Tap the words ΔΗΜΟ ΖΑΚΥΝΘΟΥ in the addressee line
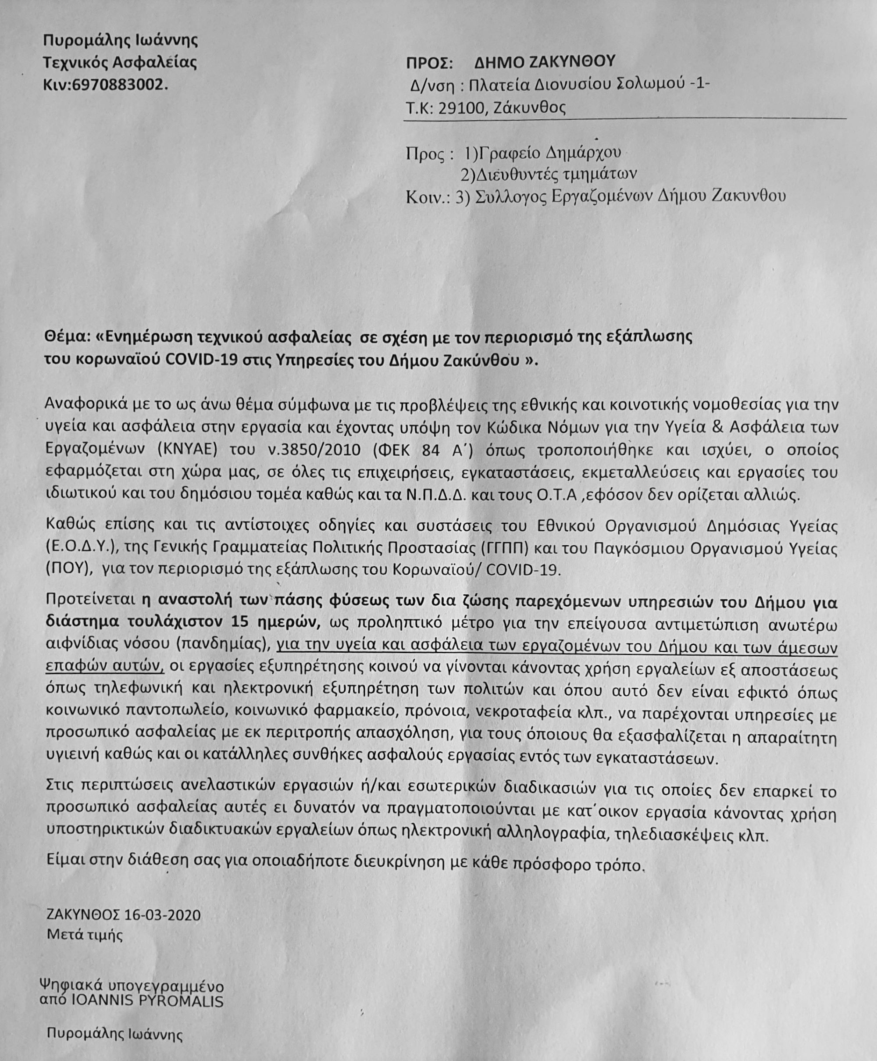pyautogui.click(x=545, y=62)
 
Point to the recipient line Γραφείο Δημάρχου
pyautogui.click(x=551, y=152)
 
